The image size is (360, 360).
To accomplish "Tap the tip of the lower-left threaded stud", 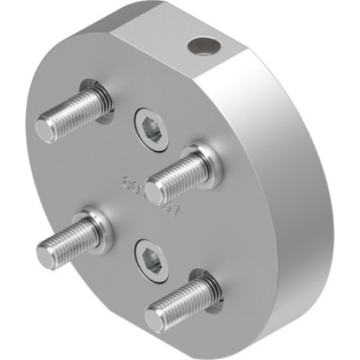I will pos(47,255).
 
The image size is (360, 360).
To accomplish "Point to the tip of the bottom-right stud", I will pos(155,317).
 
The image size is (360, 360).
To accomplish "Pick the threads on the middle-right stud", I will pos(176,173).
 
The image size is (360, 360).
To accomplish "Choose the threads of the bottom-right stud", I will pos(180,299).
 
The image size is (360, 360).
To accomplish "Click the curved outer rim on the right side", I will pos(288,216).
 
